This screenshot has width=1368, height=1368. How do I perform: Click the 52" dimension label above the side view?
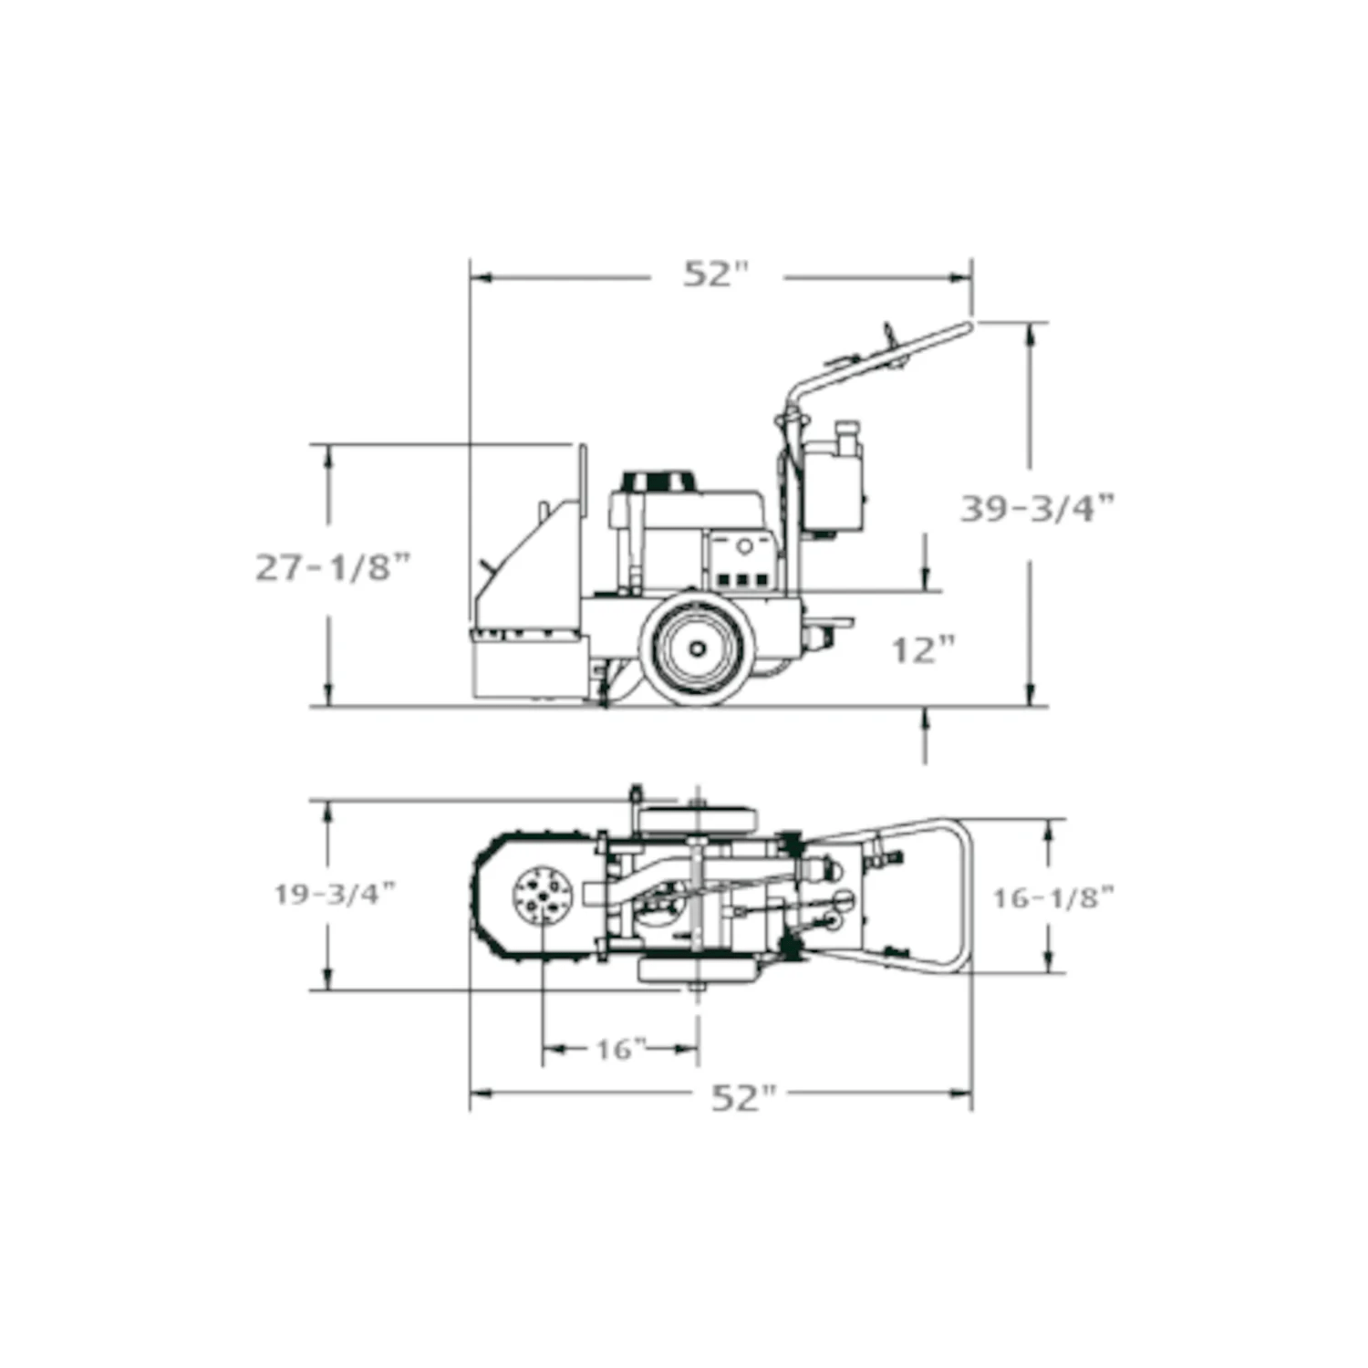[x=716, y=274]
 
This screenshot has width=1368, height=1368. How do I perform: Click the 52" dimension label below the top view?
[x=743, y=1097]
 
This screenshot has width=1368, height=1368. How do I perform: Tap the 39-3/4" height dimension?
[x=1037, y=508]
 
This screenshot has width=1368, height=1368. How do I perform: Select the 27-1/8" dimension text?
[x=333, y=567]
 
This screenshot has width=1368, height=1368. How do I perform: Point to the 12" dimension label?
[x=923, y=650]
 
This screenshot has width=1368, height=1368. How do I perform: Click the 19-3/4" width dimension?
[x=335, y=894]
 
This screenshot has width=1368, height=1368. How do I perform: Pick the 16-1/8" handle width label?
[x=1052, y=897]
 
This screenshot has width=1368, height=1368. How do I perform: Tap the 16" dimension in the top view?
[x=620, y=1049]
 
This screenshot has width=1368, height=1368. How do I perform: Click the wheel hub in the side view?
[x=698, y=649]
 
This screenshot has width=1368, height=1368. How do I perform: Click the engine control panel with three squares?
[x=741, y=578]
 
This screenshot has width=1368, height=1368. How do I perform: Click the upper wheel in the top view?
[x=698, y=819]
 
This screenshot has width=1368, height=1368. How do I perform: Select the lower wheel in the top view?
[x=698, y=970]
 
